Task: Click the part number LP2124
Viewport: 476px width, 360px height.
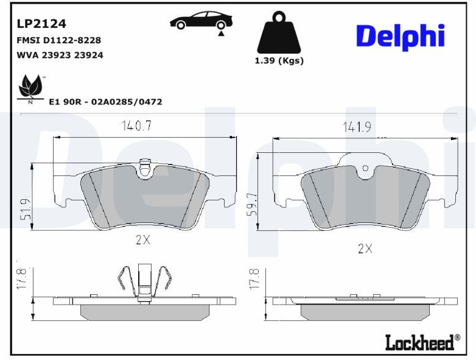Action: [x=41, y=24]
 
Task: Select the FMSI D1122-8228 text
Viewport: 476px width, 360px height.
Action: [x=59, y=40]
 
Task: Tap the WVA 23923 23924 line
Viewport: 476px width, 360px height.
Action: [x=60, y=55]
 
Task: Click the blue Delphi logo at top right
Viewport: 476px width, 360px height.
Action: [x=401, y=37]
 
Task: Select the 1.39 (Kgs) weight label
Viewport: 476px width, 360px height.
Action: [x=279, y=61]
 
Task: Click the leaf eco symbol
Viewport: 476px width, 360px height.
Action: [x=30, y=88]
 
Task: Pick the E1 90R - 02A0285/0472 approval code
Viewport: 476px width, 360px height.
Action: [x=106, y=102]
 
